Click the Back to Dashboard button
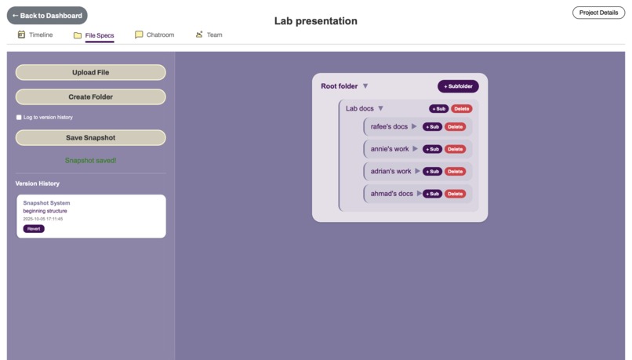[x=47, y=16]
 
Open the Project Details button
[x=598, y=13]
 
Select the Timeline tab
[x=35, y=35]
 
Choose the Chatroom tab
[x=154, y=35]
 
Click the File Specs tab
[x=94, y=35]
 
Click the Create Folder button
[x=90, y=97]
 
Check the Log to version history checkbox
[x=19, y=118]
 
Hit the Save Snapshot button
[x=90, y=138]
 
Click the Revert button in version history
[x=34, y=229]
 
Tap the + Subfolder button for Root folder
[x=458, y=86]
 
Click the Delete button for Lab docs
[x=462, y=109]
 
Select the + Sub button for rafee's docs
[x=432, y=127]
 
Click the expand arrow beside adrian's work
[x=417, y=171]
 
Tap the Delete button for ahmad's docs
[x=455, y=194]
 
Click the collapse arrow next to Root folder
[x=365, y=86]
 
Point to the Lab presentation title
[x=315, y=21]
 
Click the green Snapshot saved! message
[x=90, y=161]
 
